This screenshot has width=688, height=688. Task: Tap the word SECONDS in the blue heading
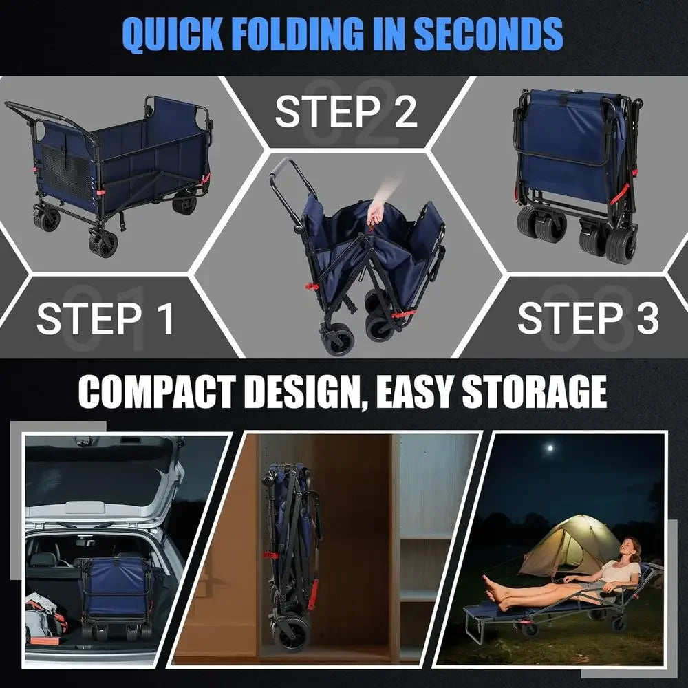click(x=488, y=34)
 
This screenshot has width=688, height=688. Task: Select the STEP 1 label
click(x=105, y=318)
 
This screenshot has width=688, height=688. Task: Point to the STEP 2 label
click(x=345, y=111)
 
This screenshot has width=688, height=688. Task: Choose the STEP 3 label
click(x=588, y=318)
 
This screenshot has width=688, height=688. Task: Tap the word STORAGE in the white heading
click(x=535, y=391)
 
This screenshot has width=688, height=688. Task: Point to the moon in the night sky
click(x=549, y=449)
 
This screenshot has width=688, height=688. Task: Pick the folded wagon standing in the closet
click(x=292, y=557)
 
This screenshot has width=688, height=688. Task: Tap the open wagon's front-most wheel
click(x=104, y=244)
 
